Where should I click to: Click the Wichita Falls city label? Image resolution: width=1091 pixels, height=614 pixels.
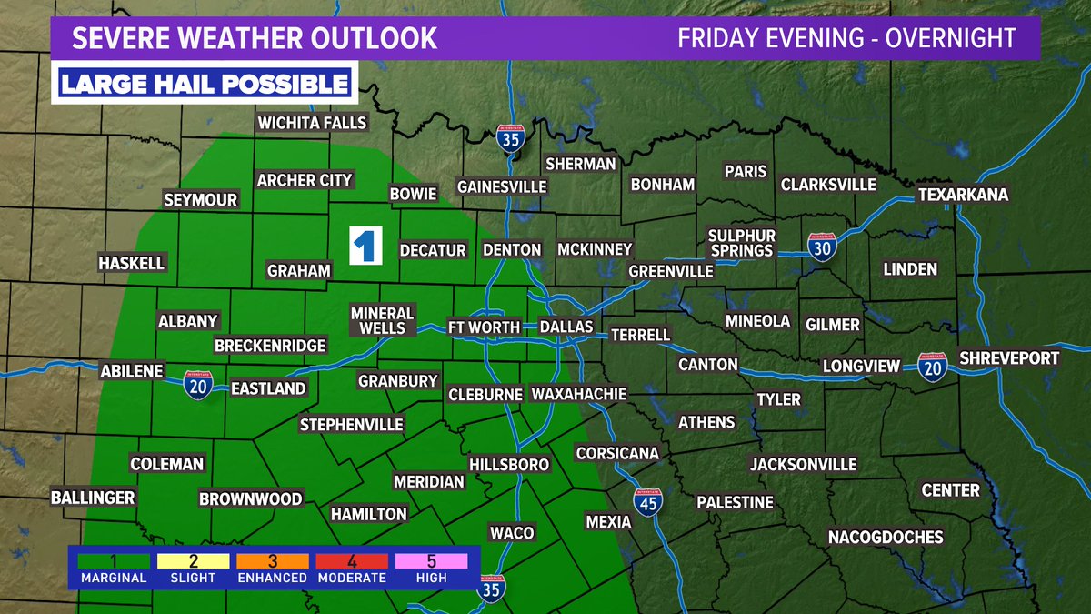[x=312, y=123]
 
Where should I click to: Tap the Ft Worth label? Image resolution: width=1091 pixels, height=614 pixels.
[x=483, y=327]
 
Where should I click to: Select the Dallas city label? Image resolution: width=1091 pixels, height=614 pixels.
[x=566, y=327]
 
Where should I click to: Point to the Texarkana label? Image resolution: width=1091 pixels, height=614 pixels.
[x=963, y=196]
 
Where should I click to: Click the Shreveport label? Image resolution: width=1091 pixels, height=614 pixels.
[x=1009, y=358]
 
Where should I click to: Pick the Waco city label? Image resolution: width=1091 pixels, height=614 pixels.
[x=512, y=532]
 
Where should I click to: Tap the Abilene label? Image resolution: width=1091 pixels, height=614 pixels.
[x=133, y=371]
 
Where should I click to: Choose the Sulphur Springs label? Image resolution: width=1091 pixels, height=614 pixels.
[x=740, y=243]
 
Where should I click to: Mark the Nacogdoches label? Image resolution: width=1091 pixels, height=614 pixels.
[x=886, y=538]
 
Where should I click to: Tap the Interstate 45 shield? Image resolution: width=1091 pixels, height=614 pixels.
[x=647, y=502]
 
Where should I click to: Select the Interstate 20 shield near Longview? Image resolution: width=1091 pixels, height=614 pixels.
[x=930, y=367]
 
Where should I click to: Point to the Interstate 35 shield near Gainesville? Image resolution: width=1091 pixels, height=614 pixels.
[x=511, y=140]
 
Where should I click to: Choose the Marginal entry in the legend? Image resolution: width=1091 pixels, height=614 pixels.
[x=113, y=568]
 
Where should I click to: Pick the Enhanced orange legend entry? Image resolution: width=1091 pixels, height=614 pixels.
[x=272, y=568]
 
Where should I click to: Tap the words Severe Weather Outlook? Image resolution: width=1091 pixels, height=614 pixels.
[x=255, y=38]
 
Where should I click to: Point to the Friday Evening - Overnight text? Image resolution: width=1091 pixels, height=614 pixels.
[x=846, y=38]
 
